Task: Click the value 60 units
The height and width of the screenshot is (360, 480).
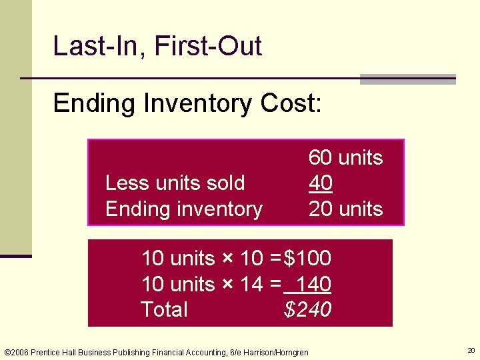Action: pos(345,158)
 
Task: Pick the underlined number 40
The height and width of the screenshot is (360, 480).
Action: pos(321,183)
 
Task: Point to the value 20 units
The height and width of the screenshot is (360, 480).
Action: pos(345,209)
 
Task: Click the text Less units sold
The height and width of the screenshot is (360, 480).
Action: pos(175,183)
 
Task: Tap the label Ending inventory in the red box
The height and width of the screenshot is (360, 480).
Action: pos(183,209)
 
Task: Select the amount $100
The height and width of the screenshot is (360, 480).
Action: pos(307,258)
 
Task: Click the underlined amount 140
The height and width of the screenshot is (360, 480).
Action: pos(313,284)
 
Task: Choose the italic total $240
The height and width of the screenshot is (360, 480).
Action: pos(307,309)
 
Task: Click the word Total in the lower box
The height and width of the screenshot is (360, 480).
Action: pos(164,309)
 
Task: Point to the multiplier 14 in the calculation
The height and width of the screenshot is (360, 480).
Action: pos(251,284)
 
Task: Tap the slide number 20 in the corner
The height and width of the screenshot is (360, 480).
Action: pos(471,350)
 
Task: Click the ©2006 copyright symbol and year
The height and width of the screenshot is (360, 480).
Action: pos(17,352)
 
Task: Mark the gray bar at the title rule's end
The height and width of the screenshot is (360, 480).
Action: pos(407,79)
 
